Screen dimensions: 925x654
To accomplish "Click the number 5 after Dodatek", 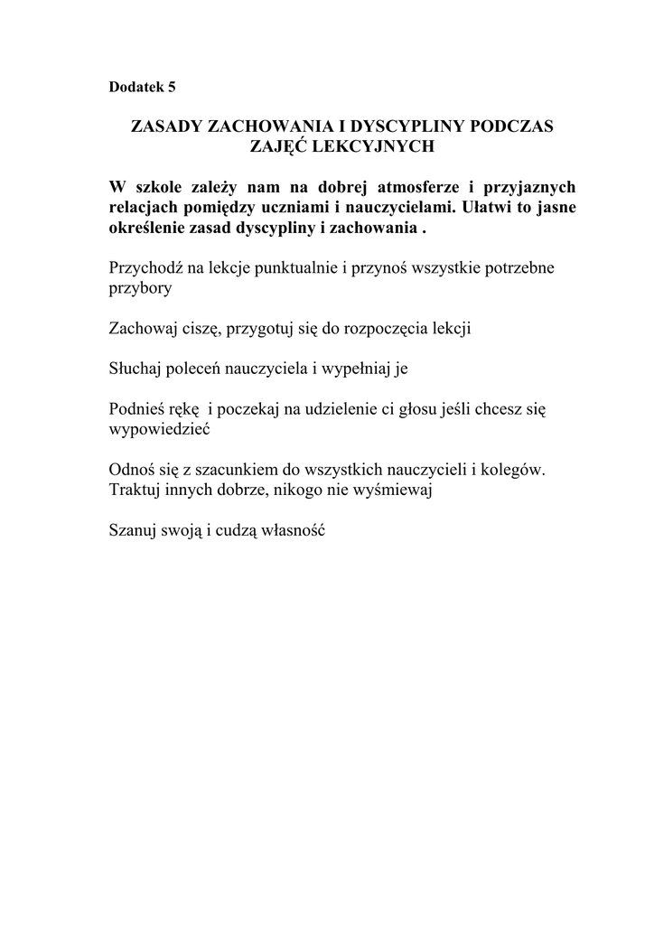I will [x=172, y=88].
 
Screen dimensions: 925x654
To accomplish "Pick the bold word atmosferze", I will [x=413, y=188].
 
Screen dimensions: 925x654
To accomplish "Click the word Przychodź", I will [x=145, y=269].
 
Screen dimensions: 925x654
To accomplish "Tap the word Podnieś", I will [x=136, y=409].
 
